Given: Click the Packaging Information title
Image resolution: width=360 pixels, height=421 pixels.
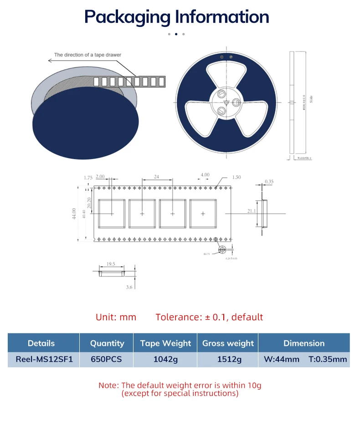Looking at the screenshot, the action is pyautogui.click(x=177, y=17).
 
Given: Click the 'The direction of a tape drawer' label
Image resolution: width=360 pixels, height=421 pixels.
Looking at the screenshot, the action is pyautogui.click(x=88, y=55).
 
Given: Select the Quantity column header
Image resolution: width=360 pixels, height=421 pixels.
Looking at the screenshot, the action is pyautogui.click(x=107, y=343).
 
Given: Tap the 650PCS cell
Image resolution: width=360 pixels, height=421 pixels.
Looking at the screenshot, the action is pyautogui.click(x=106, y=359).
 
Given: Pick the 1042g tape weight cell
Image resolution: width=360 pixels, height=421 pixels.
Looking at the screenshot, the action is pyautogui.click(x=165, y=359).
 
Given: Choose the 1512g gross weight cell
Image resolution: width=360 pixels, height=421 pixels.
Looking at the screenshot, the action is pyautogui.click(x=228, y=359).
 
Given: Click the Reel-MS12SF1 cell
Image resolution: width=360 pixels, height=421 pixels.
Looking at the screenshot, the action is pyautogui.click(x=44, y=359).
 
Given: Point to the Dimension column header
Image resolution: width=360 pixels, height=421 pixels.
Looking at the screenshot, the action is pyautogui.click(x=304, y=343).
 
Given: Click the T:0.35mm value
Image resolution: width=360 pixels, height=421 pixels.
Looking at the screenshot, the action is pyautogui.click(x=328, y=359).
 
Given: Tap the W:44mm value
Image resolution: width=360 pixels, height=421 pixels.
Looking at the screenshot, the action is pyautogui.click(x=282, y=359).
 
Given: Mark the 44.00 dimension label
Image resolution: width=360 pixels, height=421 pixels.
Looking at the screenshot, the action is pyautogui.click(x=74, y=214).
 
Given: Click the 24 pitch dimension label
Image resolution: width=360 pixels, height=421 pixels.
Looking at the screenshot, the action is pyautogui.click(x=156, y=176).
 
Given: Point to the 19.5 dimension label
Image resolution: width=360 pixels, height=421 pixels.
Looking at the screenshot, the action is pyautogui.click(x=111, y=264).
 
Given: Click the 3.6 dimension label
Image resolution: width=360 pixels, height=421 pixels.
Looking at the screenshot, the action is pyautogui.click(x=129, y=287).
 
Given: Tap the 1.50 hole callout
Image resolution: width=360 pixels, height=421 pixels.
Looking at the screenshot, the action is pyautogui.click(x=236, y=177).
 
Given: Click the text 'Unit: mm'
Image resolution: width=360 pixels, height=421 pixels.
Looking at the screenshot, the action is pyautogui.click(x=116, y=317).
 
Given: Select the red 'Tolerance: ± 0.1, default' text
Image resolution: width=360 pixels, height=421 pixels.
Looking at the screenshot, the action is pyautogui.click(x=209, y=317).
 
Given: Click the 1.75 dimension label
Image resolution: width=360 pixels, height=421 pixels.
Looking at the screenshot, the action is pyautogui.click(x=88, y=177).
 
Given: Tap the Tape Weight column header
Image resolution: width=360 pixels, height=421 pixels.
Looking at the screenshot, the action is pyautogui.click(x=165, y=343).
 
